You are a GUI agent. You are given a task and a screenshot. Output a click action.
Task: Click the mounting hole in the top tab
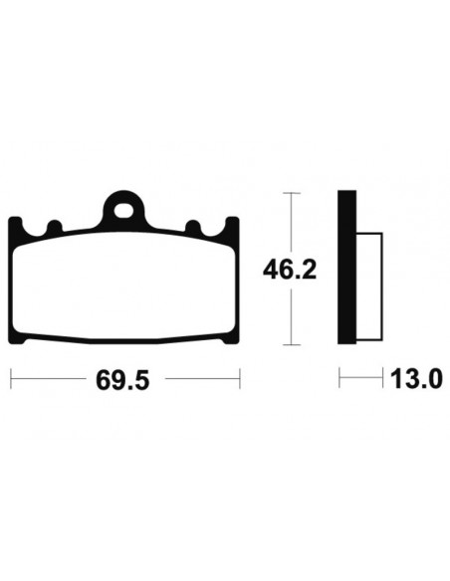pos(125,209)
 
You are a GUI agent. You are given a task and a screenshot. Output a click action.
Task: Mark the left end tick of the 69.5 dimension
pos(11,379)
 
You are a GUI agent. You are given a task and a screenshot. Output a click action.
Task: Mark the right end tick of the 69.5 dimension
pos(240,379)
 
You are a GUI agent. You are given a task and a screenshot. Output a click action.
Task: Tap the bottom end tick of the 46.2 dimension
pos(290,346)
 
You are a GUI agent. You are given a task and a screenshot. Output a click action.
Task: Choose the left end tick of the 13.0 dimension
pos(340,379)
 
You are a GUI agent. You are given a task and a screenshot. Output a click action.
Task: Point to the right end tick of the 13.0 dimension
pos(383,379)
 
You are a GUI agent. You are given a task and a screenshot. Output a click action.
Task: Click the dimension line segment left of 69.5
pos(50,379)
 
